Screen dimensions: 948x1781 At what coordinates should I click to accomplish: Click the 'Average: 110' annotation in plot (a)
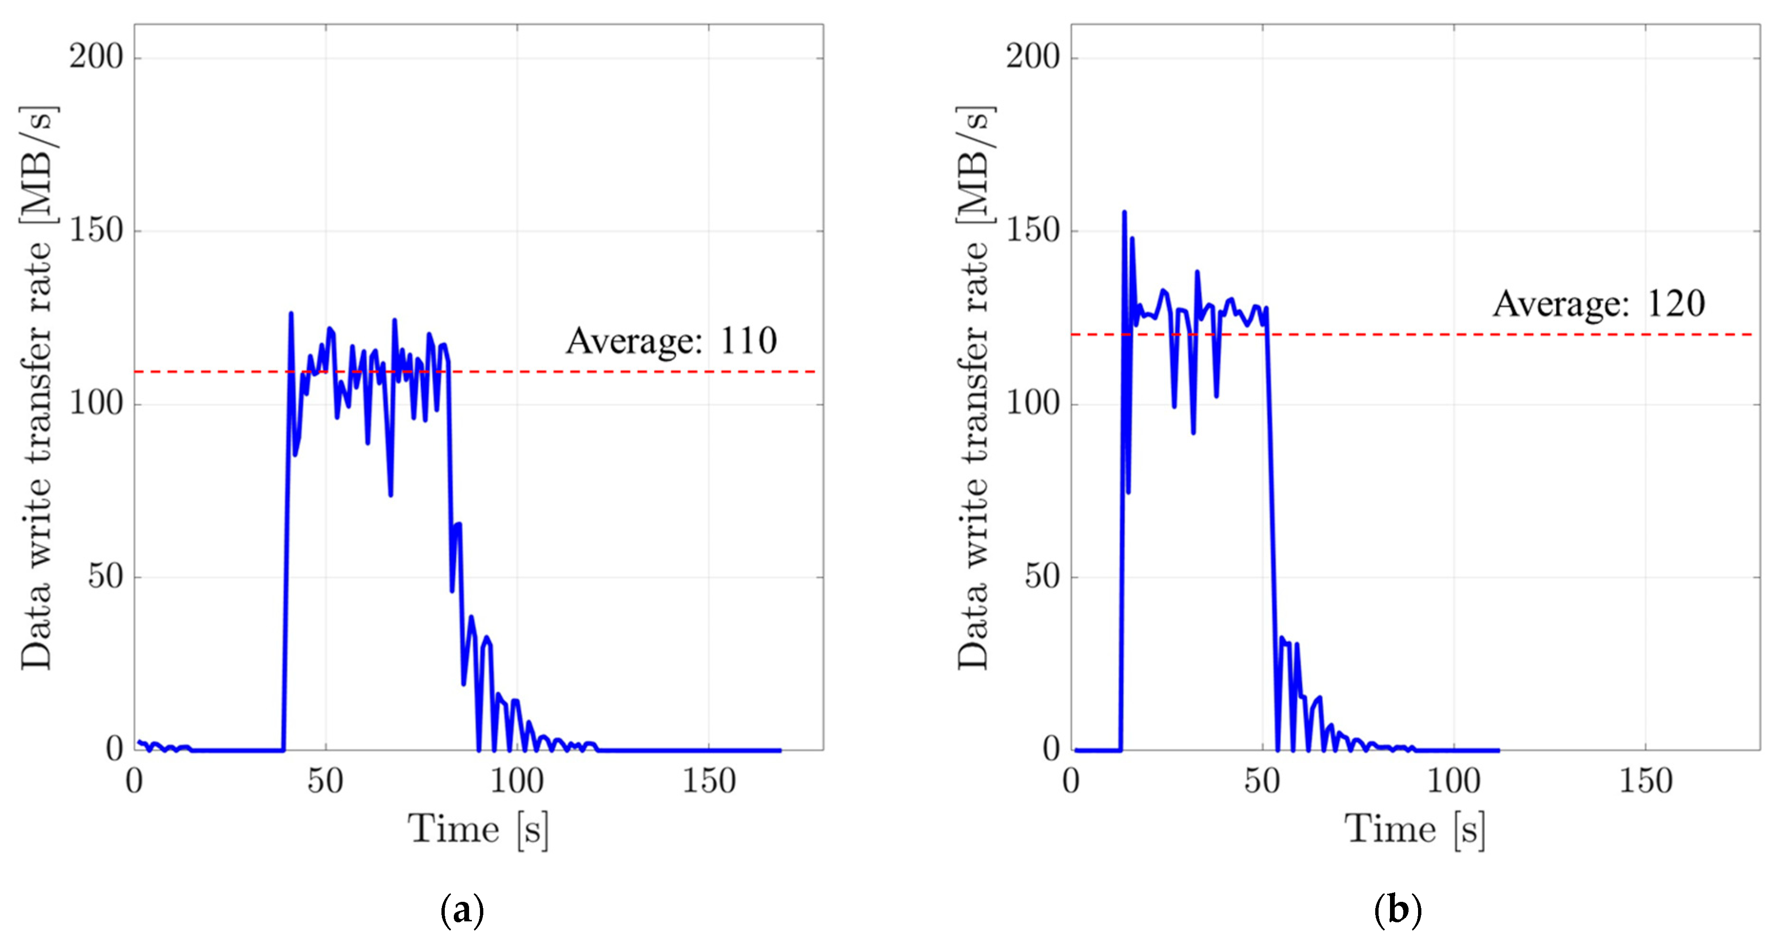point(671,341)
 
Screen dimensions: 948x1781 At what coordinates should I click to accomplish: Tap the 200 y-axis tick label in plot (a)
point(96,57)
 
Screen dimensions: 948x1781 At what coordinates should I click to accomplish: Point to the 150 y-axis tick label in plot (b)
point(1033,230)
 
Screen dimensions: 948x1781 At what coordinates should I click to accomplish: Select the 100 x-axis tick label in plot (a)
point(517,782)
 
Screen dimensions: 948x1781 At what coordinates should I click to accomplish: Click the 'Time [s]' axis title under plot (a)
point(479,829)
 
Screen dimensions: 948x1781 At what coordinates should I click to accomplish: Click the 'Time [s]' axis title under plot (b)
point(1415,829)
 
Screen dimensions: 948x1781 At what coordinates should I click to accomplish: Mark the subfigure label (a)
point(462,911)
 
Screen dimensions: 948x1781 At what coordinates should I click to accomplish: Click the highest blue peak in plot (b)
point(1124,213)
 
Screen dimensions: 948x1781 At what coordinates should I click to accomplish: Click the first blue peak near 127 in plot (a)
point(291,314)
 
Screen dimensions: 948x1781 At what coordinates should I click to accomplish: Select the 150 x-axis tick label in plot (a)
point(709,782)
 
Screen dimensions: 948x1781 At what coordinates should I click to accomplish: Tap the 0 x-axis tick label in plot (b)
point(1071,782)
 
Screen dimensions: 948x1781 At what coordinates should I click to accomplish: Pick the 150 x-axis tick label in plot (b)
point(1645,782)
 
